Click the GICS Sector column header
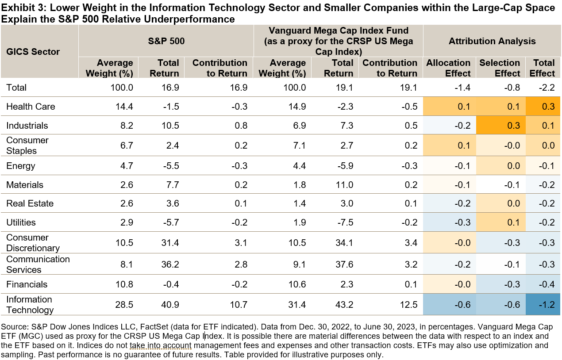point(33,52)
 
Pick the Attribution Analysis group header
point(492,41)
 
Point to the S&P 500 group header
point(166,41)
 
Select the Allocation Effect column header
point(448,68)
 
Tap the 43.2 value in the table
point(344,305)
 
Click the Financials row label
point(27,284)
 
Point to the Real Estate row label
point(30,203)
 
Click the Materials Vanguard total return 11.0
point(344,185)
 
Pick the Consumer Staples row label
point(27,146)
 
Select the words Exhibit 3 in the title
point(20,8)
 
